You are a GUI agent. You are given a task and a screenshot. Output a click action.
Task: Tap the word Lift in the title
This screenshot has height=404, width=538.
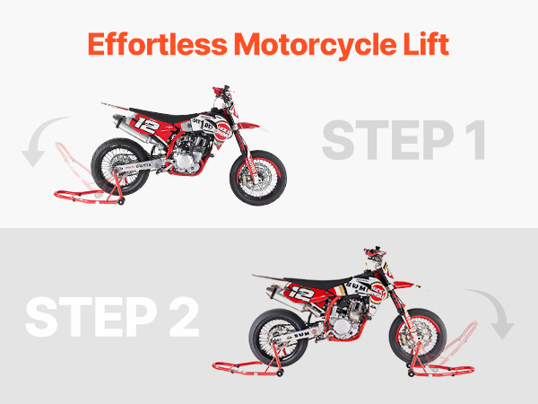pyautogui.click(x=426, y=44)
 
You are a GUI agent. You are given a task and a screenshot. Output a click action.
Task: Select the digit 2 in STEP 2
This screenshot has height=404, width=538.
pyautogui.click(x=184, y=317)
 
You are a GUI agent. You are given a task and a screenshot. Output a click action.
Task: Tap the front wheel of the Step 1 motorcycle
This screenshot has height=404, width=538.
pyautogui.click(x=258, y=178)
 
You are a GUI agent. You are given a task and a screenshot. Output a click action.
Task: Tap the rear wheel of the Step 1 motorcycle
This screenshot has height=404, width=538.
pyautogui.click(x=120, y=167)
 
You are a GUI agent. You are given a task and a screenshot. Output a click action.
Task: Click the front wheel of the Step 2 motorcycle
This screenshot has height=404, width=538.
pyautogui.click(x=418, y=336)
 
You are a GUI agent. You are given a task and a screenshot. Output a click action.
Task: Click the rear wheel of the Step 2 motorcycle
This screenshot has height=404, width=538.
pyautogui.click(x=278, y=338)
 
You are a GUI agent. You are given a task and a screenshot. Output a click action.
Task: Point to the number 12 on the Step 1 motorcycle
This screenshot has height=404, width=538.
pyautogui.click(x=146, y=125)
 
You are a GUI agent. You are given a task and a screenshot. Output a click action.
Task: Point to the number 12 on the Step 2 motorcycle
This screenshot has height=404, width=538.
pyautogui.click(x=301, y=293)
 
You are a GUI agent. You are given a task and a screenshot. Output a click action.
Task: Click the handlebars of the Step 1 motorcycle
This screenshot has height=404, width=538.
pyautogui.click(x=222, y=92)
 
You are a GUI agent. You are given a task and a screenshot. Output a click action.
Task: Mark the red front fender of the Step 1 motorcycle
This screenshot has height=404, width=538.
pyautogui.click(x=248, y=126)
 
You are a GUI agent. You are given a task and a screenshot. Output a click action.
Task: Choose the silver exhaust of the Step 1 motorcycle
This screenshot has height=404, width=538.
pyautogui.click(x=132, y=130)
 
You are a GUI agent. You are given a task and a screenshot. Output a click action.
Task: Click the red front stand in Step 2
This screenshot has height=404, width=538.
pyautogui.click(x=443, y=357)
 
